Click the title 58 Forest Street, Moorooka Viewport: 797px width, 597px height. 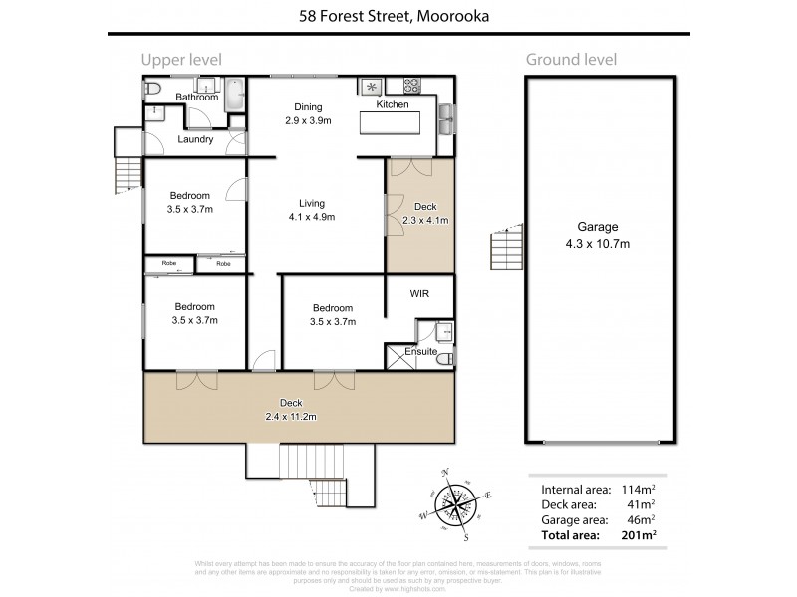tap(398, 16)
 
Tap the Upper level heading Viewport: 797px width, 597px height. tap(180, 60)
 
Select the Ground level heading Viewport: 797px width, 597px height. tap(572, 60)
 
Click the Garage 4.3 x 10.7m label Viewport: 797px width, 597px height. tap(598, 235)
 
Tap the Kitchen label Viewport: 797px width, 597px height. tap(393, 104)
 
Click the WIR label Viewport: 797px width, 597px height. tap(419, 294)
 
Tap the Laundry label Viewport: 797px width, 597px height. tap(195, 140)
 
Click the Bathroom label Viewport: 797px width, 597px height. tap(197, 97)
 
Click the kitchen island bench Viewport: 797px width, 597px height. tap(393, 124)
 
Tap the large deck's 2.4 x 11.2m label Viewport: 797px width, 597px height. tap(291, 409)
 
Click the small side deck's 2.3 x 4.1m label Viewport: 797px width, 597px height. tap(425, 214)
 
